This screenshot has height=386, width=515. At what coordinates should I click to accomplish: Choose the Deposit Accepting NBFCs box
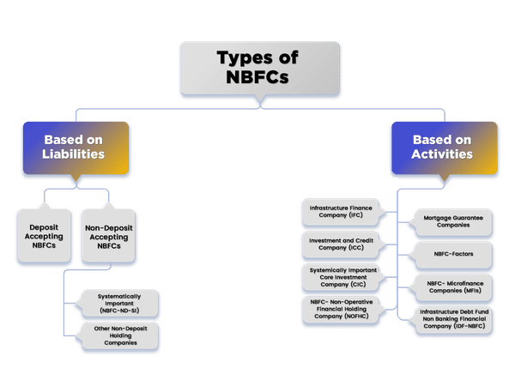[42, 232]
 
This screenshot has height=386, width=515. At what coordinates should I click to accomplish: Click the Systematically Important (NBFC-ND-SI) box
[118, 303]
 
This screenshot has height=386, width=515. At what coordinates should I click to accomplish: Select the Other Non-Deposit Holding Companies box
[118, 335]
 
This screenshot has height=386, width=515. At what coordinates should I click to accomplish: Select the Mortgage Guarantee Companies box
[452, 222]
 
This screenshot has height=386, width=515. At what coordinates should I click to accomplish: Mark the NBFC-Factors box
[452, 255]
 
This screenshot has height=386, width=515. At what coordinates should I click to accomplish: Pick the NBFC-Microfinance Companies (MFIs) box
[452, 287]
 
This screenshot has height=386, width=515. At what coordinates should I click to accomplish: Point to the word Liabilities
[75, 154]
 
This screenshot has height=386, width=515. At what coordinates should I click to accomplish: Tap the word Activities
[442, 154]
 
